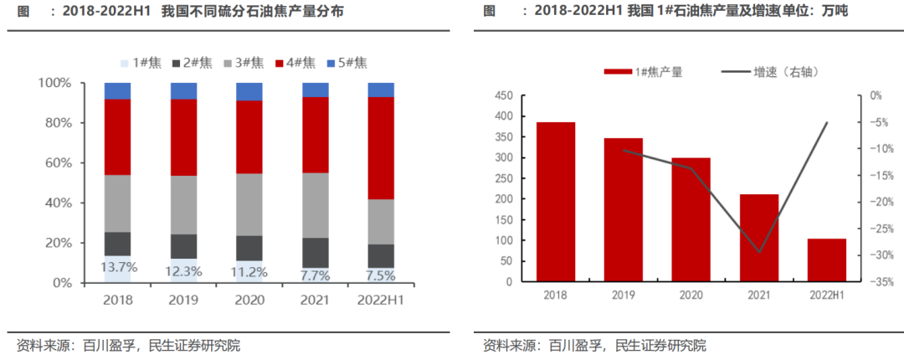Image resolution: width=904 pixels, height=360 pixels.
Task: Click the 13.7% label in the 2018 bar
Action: [118, 268]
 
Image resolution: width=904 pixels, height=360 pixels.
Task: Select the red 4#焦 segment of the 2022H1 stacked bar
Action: [381, 147]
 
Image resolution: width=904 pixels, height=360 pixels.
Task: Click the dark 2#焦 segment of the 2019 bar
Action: [183, 246]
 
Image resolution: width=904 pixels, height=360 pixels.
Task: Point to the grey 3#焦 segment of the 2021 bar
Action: [316, 205]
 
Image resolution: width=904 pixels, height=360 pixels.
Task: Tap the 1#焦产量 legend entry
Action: [645, 72]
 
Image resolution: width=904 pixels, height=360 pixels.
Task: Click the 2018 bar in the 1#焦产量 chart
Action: [556, 202]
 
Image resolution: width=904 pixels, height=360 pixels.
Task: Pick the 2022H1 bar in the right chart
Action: [826, 260]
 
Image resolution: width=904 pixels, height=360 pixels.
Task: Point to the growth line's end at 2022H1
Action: [827, 123]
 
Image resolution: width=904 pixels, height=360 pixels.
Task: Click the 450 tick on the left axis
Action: [503, 96]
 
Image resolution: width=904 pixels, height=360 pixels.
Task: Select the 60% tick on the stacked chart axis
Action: [61, 163]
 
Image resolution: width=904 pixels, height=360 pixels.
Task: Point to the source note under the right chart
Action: [595, 345]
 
